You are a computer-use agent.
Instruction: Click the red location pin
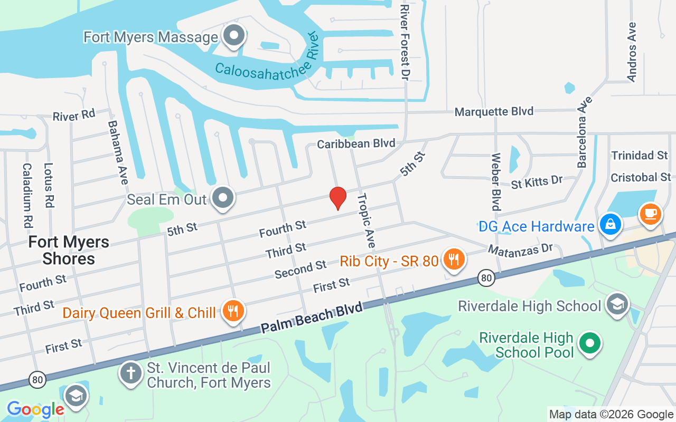tap(338, 198)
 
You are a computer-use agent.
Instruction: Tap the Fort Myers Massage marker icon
tap(233, 36)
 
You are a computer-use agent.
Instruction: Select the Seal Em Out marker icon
tap(223, 198)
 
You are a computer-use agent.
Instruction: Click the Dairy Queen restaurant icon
tap(232, 311)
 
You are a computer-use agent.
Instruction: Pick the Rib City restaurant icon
tap(453, 259)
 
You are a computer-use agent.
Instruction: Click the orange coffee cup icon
tap(650, 214)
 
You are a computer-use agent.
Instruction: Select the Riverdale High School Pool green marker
tap(590, 343)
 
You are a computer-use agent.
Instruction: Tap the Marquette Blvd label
tap(494, 111)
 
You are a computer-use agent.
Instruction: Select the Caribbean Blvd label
tap(356, 143)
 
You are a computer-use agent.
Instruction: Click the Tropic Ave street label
tap(366, 220)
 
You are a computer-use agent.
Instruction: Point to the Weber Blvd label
tap(495, 181)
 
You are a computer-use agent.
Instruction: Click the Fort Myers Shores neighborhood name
tap(69, 250)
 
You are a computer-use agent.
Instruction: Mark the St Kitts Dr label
tap(537, 181)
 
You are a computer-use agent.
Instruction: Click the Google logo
tap(35, 409)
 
